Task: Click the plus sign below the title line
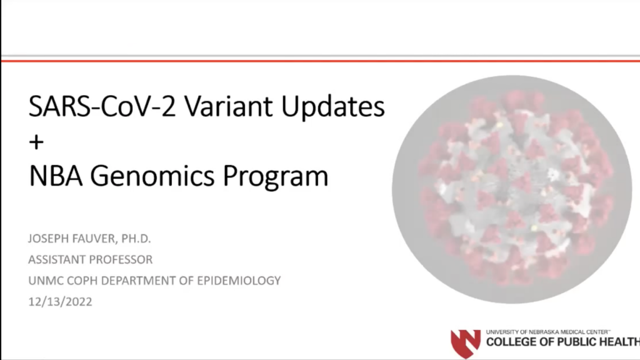point(37,142)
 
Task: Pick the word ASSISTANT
point(57,259)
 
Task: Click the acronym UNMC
point(44,280)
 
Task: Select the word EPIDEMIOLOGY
point(240,280)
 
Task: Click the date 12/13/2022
point(60,301)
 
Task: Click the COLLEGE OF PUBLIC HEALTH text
point(562,342)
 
